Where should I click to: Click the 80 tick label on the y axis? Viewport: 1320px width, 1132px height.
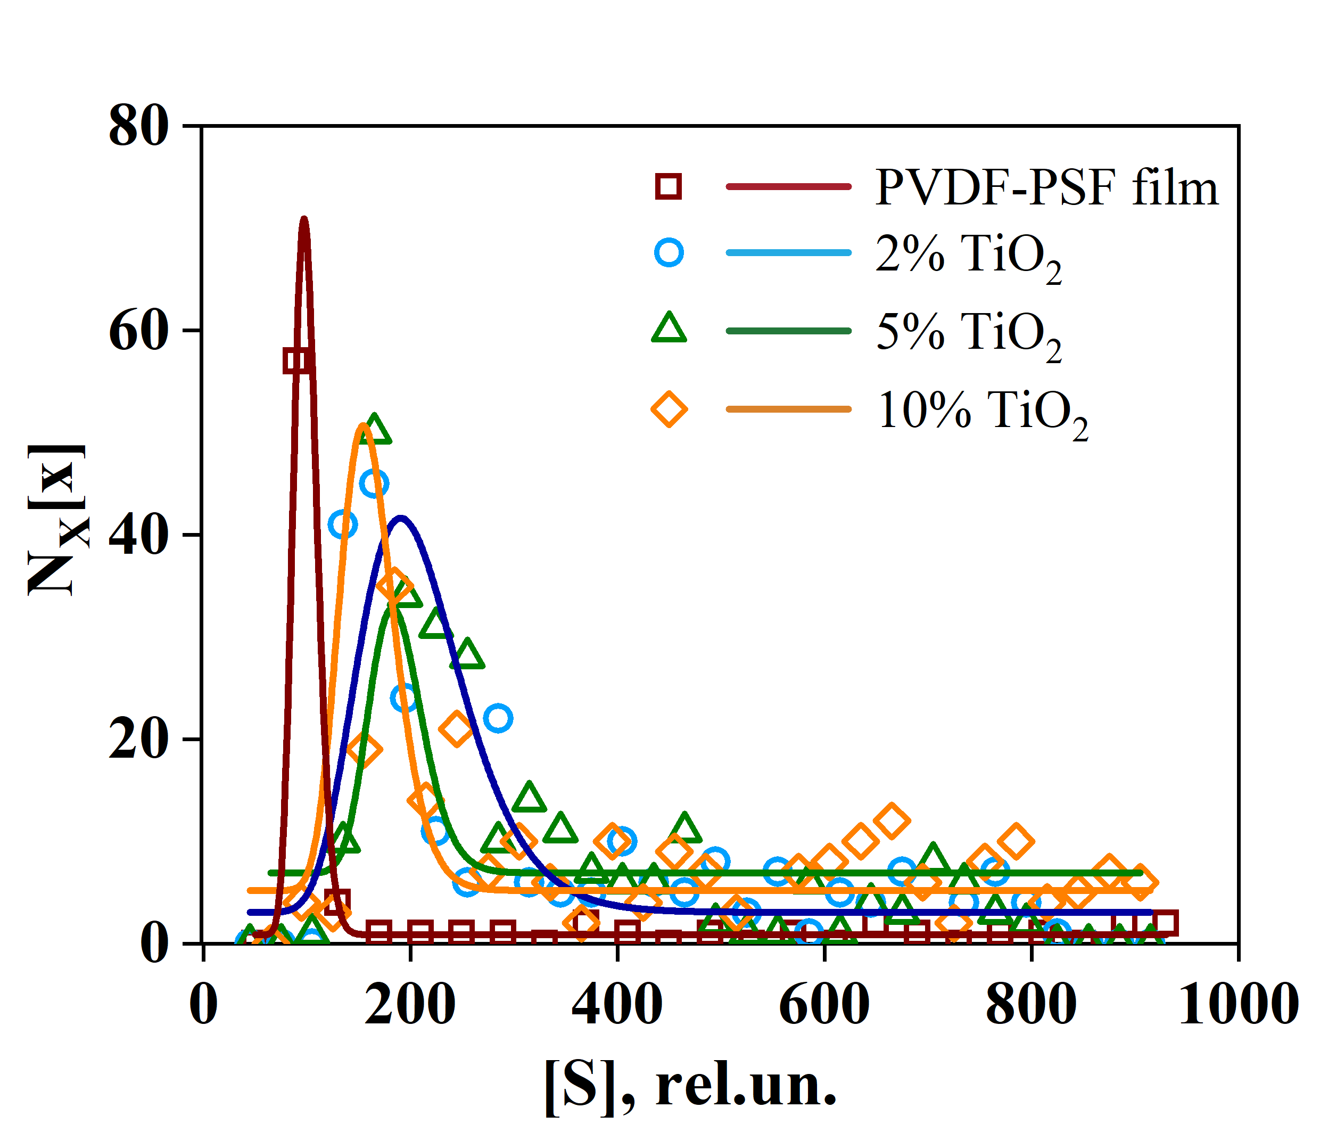tap(138, 127)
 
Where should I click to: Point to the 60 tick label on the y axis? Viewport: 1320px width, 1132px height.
tap(138, 331)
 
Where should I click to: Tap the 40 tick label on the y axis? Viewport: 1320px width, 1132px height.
tap(138, 536)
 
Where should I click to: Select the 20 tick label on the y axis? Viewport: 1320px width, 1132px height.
tap(138, 740)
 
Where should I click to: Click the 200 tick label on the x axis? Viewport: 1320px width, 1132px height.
tap(410, 1005)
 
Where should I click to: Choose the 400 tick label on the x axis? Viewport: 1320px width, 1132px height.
tap(617, 1005)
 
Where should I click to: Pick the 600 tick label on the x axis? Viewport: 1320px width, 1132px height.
tap(824, 1005)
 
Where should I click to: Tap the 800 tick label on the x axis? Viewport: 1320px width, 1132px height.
tap(1031, 1005)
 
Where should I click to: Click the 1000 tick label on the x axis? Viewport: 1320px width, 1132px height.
tap(1238, 1005)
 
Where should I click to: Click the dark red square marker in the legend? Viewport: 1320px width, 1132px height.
tap(669, 187)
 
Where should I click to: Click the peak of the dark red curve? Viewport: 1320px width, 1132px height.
tap(304, 219)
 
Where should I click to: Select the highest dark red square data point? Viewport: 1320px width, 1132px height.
tap(296, 361)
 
